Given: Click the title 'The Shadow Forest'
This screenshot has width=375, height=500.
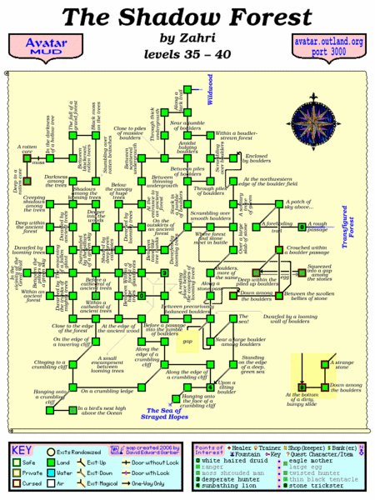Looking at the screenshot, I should click(x=187, y=16).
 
